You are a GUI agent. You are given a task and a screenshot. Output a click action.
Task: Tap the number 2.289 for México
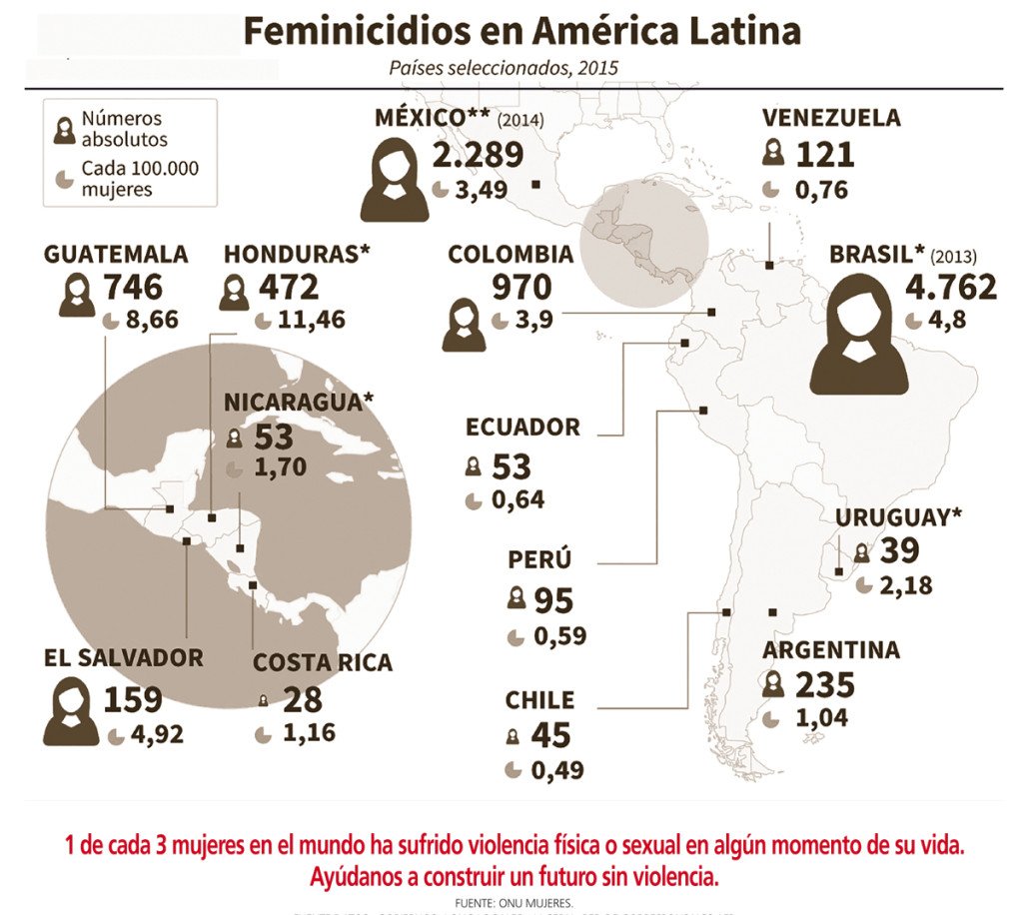478,155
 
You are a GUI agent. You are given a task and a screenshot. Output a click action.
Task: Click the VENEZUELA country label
830,118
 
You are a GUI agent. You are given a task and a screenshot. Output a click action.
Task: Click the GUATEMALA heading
115,254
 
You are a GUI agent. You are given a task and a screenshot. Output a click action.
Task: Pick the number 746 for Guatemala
132,288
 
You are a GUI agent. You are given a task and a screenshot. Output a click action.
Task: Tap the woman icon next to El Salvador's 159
71,710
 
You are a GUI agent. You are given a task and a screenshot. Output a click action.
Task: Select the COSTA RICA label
322,662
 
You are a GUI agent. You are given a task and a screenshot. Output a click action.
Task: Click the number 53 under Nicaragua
275,438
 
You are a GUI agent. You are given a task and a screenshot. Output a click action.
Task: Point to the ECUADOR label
522,428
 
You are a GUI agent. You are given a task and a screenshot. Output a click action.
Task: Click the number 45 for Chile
550,735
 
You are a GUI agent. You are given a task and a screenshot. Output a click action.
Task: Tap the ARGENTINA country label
831,650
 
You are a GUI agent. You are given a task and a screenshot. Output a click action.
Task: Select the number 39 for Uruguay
899,551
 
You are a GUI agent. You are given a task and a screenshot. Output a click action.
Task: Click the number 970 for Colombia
520,288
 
